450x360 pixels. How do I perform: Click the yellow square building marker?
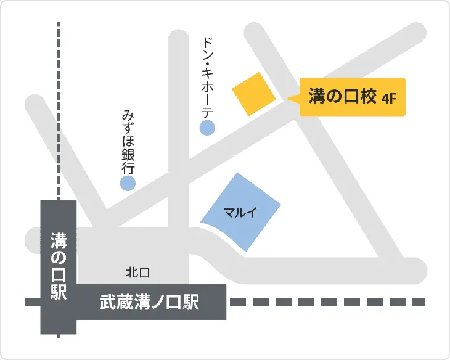(253, 93)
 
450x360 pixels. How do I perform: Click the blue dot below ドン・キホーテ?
(207, 128)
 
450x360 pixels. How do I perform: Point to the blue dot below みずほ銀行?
(128, 182)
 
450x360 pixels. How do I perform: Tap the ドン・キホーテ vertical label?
(208, 76)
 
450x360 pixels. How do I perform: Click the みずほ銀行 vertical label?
(128, 141)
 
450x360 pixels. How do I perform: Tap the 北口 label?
(138, 272)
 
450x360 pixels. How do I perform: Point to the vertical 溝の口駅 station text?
(59, 265)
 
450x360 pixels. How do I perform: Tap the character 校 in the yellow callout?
(368, 96)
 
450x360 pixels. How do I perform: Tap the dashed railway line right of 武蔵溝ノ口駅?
(327, 302)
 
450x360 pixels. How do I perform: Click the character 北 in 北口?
(131, 272)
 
